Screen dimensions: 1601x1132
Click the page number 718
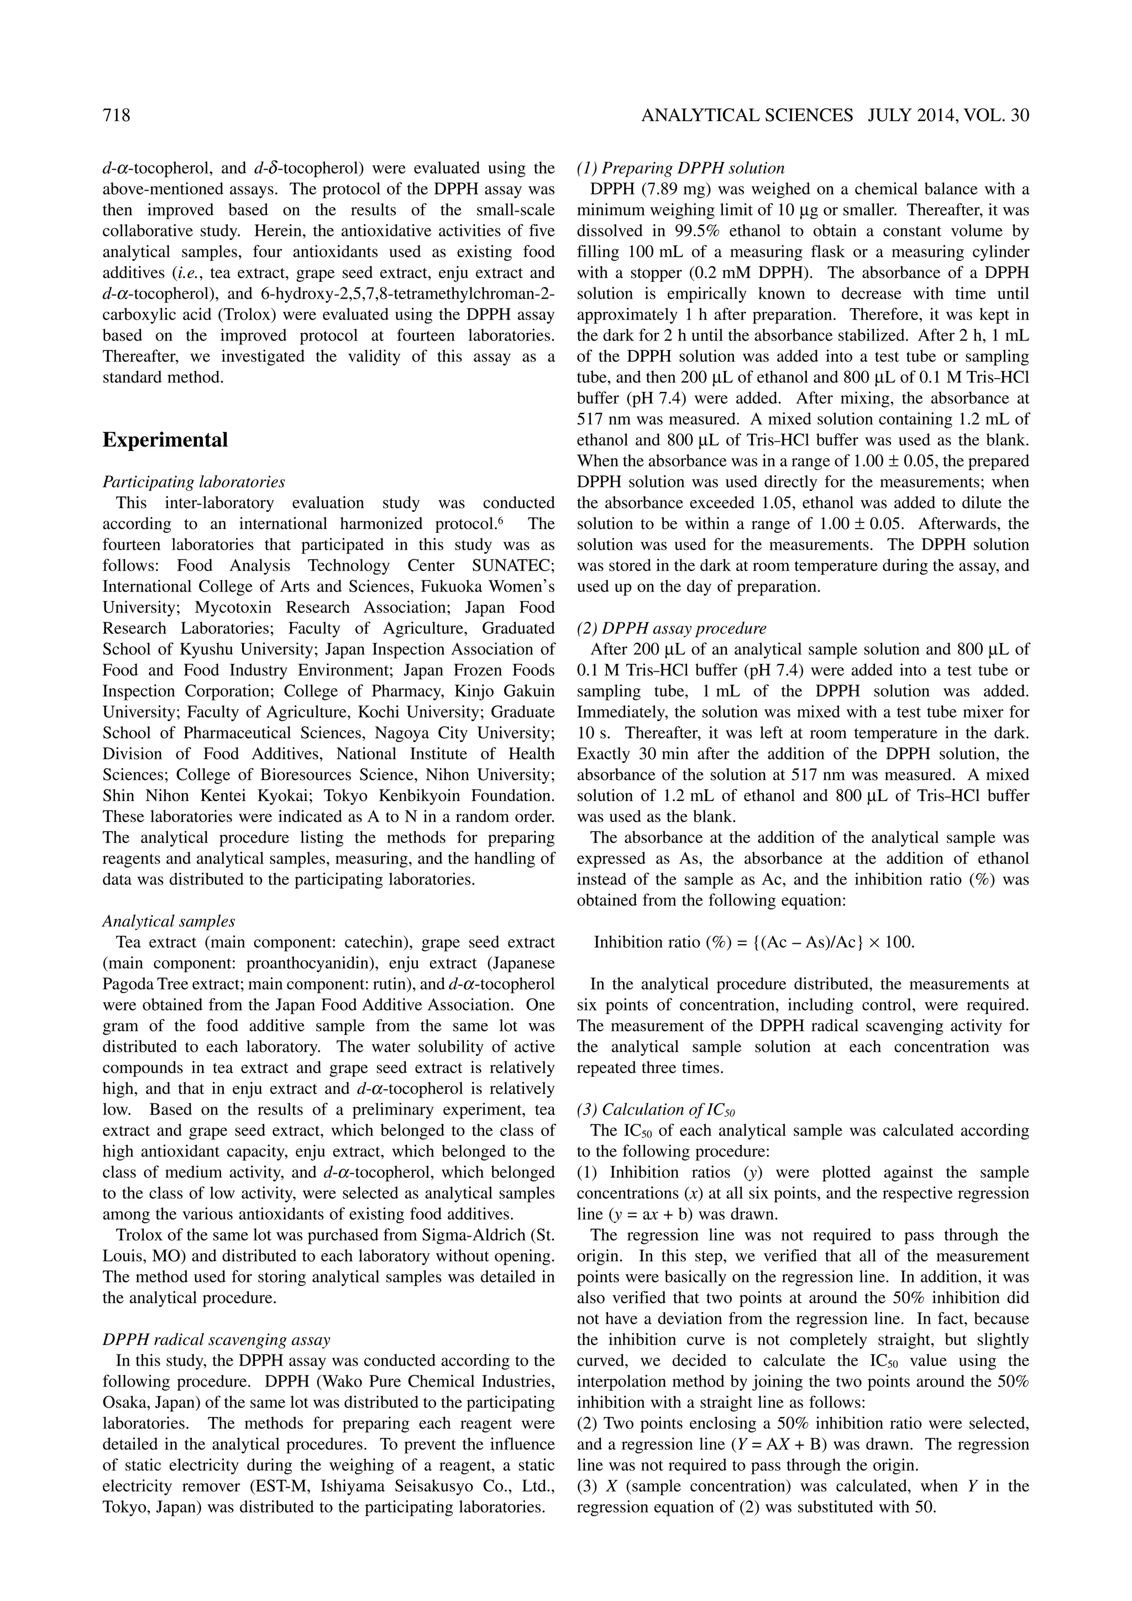point(117,115)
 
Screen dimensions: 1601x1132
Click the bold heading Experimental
point(165,440)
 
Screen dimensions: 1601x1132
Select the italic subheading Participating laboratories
point(194,482)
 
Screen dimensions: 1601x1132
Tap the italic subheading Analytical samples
point(169,921)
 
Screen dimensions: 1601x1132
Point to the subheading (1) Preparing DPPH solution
point(681,168)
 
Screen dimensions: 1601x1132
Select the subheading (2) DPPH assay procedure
point(672,628)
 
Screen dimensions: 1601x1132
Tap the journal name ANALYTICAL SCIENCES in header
point(747,115)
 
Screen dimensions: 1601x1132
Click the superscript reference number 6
point(501,520)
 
